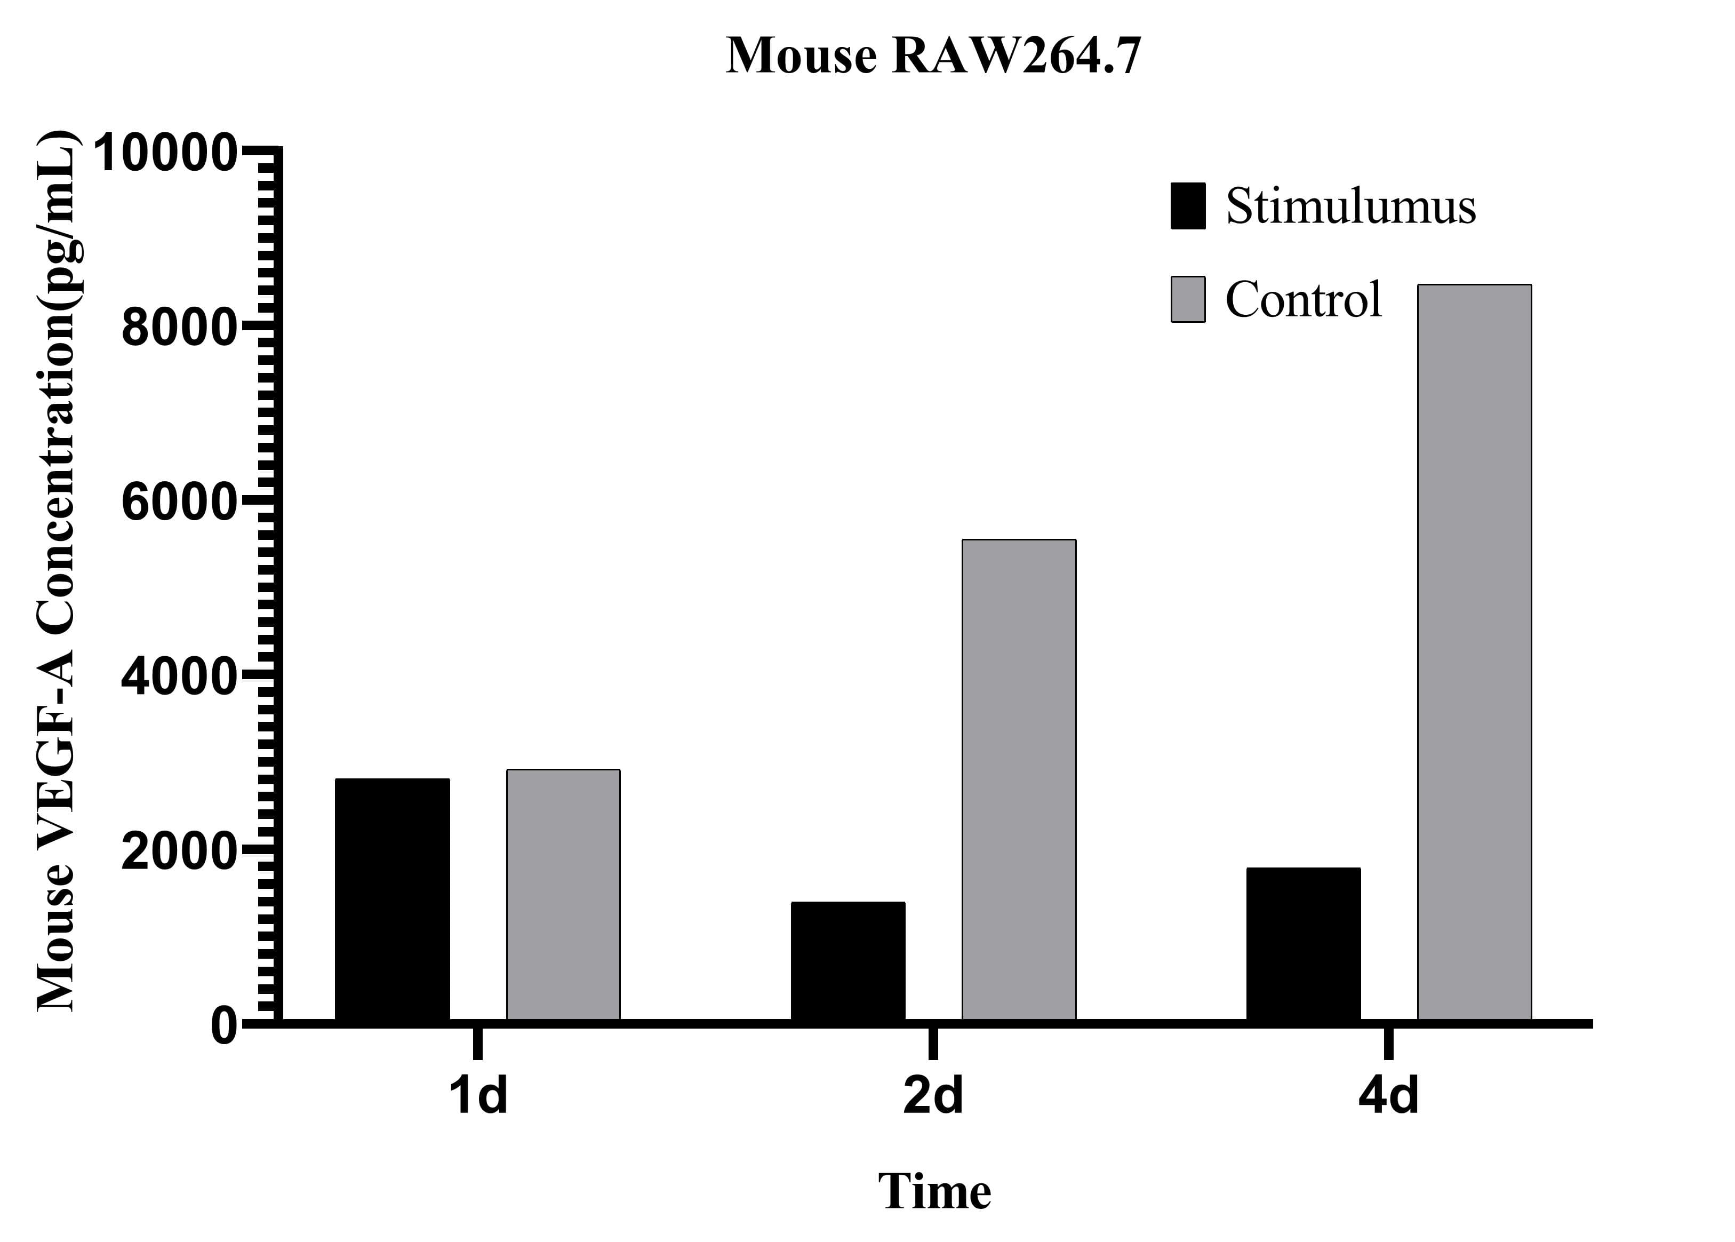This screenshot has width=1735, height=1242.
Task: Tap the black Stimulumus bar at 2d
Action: pyautogui.click(x=847, y=960)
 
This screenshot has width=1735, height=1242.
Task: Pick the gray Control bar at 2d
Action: pyautogui.click(x=1019, y=780)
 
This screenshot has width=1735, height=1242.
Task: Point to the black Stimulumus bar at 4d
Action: pyautogui.click(x=1303, y=944)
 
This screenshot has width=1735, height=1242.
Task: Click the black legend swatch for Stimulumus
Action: pyautogui.click(x=1187, y=206)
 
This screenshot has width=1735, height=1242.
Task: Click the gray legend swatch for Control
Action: pyautogui.click(x=1187, y=299)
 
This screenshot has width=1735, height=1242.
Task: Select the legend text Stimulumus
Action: pyautogui.click(x=1350, y=206)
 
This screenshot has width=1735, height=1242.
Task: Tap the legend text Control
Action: pyautogui.click(x=1303, y=299)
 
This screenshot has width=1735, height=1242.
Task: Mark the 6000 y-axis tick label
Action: pyautogui.click(x=177, y=503)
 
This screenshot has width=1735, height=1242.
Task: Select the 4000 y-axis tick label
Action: pyautogui.click(x=177, y=678)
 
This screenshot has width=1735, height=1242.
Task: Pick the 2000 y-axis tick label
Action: pyautogui.click(x=177, y=852)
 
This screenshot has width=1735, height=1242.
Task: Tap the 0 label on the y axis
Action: pyautogui.click(x=223, y=1026)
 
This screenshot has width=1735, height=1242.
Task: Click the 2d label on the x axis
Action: pyautogui.click(x=932, y=1096)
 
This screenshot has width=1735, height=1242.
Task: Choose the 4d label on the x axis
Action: pyautogui.click(x=1388, y=1096)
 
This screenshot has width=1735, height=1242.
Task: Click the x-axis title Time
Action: pyautogui.click(x=934, y=1191)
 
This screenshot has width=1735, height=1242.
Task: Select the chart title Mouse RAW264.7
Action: pyautogui.click(x=932, y=56)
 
